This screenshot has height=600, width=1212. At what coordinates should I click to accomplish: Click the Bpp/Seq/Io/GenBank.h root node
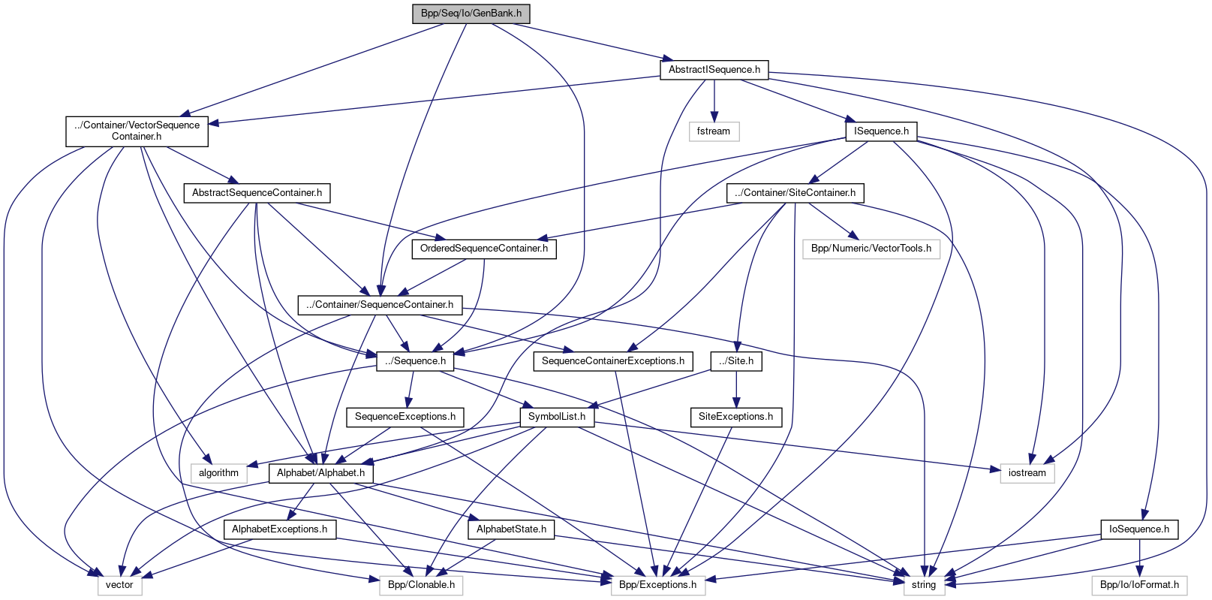[x=471, y=14]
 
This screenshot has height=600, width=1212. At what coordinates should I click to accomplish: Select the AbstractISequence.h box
[x=714, y=70]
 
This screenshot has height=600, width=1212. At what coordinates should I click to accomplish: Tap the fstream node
[x=713, y=131]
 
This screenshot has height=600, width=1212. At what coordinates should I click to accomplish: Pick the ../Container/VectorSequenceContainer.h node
[x=137, y=131]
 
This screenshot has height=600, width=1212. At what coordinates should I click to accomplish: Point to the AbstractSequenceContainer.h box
[x=257, y=193]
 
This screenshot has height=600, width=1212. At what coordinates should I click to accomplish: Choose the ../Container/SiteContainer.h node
[x=795, y=193]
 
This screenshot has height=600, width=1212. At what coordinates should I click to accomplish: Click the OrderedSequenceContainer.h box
[x=484, y=249]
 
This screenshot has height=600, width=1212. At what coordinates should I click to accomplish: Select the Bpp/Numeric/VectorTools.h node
[x=871, y=249]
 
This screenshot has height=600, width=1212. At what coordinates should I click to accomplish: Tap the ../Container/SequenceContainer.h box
[x=380, y=305]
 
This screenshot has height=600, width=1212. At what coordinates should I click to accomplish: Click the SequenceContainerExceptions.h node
[x=612, y=361]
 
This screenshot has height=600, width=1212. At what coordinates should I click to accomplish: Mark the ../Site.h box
[x=736, y=361]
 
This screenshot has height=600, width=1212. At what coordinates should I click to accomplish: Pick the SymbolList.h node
[x=557, y=417]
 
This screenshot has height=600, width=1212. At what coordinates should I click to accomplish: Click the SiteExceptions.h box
[x=735, y=417]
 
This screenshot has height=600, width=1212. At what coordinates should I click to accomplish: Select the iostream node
[x=1027, y=473]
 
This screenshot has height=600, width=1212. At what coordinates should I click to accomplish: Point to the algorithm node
[x=218, y=473]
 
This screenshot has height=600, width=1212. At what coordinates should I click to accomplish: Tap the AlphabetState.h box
[x=511, y=529]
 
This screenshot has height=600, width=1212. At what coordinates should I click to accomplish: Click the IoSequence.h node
[x=1138, y=529]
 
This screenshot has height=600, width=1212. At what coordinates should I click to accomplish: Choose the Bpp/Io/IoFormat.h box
[x=1139, y=585]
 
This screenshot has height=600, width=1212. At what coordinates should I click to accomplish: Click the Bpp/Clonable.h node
[x=421, y=585]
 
